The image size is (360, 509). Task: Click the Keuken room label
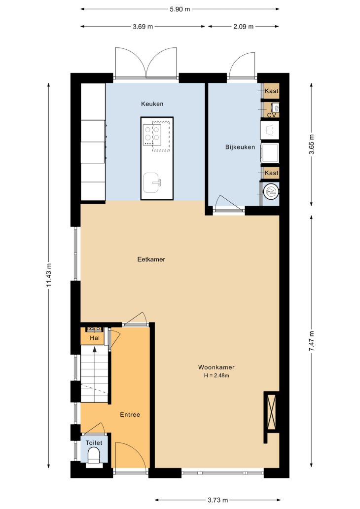[152, 104]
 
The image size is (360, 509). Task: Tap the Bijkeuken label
[240, 147]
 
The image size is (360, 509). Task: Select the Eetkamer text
[151, 259]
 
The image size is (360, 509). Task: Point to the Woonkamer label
[216, 367]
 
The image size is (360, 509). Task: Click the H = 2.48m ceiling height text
[216, 375]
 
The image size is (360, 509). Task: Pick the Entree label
[130, 414]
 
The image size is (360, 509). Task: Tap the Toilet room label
[94, 443]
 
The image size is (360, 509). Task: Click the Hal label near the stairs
[95, 338]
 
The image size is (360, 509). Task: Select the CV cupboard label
[271, 115]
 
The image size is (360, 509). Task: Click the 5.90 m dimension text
[180, 9]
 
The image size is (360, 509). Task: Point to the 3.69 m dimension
[143, 27]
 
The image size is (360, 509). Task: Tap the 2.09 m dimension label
[244, 27]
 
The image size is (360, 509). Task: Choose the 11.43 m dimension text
[49, 274]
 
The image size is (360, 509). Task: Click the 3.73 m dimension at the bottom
[217, 500]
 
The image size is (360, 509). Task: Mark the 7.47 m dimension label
[311, 341]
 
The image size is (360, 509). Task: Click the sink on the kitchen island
[152, 183]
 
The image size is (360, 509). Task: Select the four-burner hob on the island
[152, 134]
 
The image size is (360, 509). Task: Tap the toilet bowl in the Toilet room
[94, 455]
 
